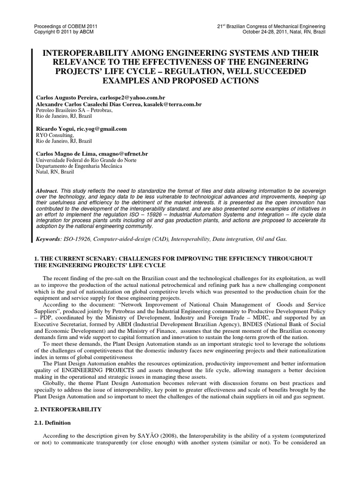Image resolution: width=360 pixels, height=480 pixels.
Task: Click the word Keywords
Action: tap(48, 239)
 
